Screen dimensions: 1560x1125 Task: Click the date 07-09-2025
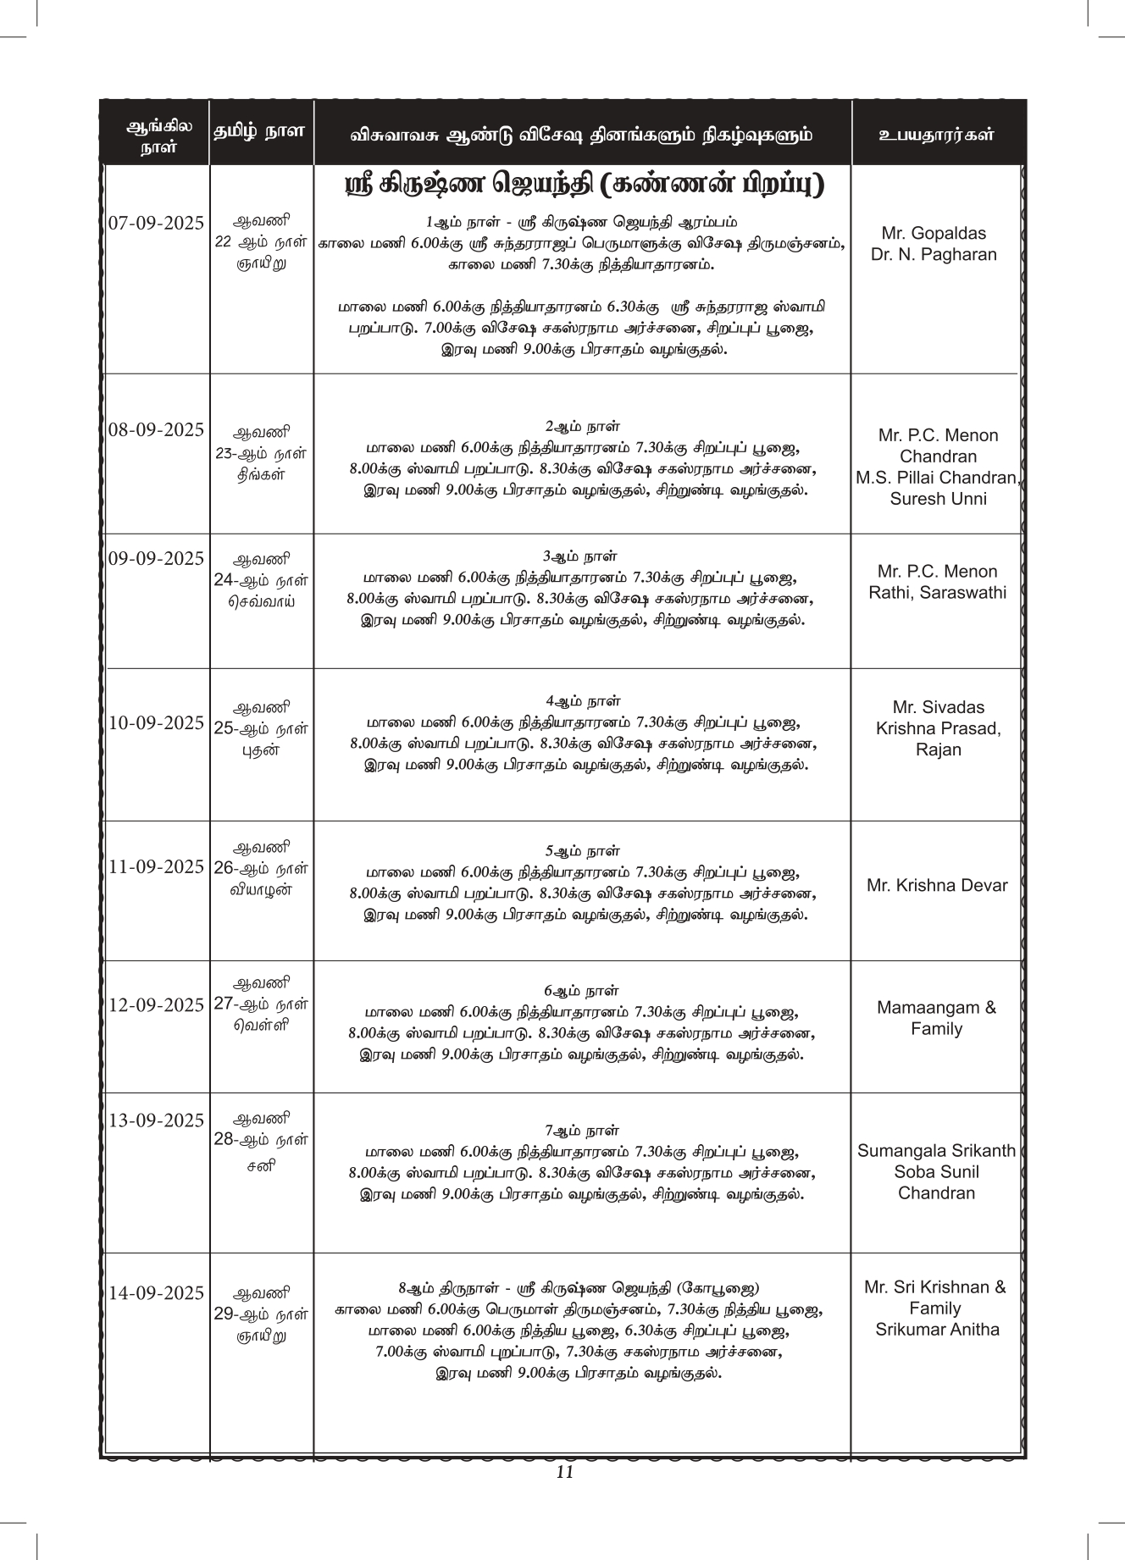pyautogui.click(x=157, y=224)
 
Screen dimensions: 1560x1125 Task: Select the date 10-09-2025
pyautogui.click(x=157, y=723)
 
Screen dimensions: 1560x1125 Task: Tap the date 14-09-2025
pyautogui.click(x=157, y=1293)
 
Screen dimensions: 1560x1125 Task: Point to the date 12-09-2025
pyautogui.click(x=157, y=1005)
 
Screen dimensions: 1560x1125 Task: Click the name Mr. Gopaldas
pyautogui.click(x=934, y=233)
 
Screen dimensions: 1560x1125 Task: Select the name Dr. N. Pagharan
pyautogui.click(x=934, y=255)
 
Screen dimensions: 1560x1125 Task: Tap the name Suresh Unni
pyautogui.click(x=938, y=499)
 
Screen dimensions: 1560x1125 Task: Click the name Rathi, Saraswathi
pyautogui.click(x=938, y=593)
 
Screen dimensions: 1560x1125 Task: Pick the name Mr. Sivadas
pyautogui.click(x=938, y=707)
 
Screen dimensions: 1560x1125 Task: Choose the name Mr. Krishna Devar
pyautogui.click(x=937, y=886)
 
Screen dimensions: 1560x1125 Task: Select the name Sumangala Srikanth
pyautogui.click(x=936, y=1151)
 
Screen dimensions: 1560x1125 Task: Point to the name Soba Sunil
pyautogui.click(x=936, y=1172)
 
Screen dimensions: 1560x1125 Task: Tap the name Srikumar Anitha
pyautogui.click(x=937, y=1330)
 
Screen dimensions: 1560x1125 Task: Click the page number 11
pyautogui.click(x=566, y=1472)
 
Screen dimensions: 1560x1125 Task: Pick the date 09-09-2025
pyautogui.click(x=157, y=559)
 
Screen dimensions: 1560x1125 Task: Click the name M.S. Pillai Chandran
pyautogui.click(x=936, y=478)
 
